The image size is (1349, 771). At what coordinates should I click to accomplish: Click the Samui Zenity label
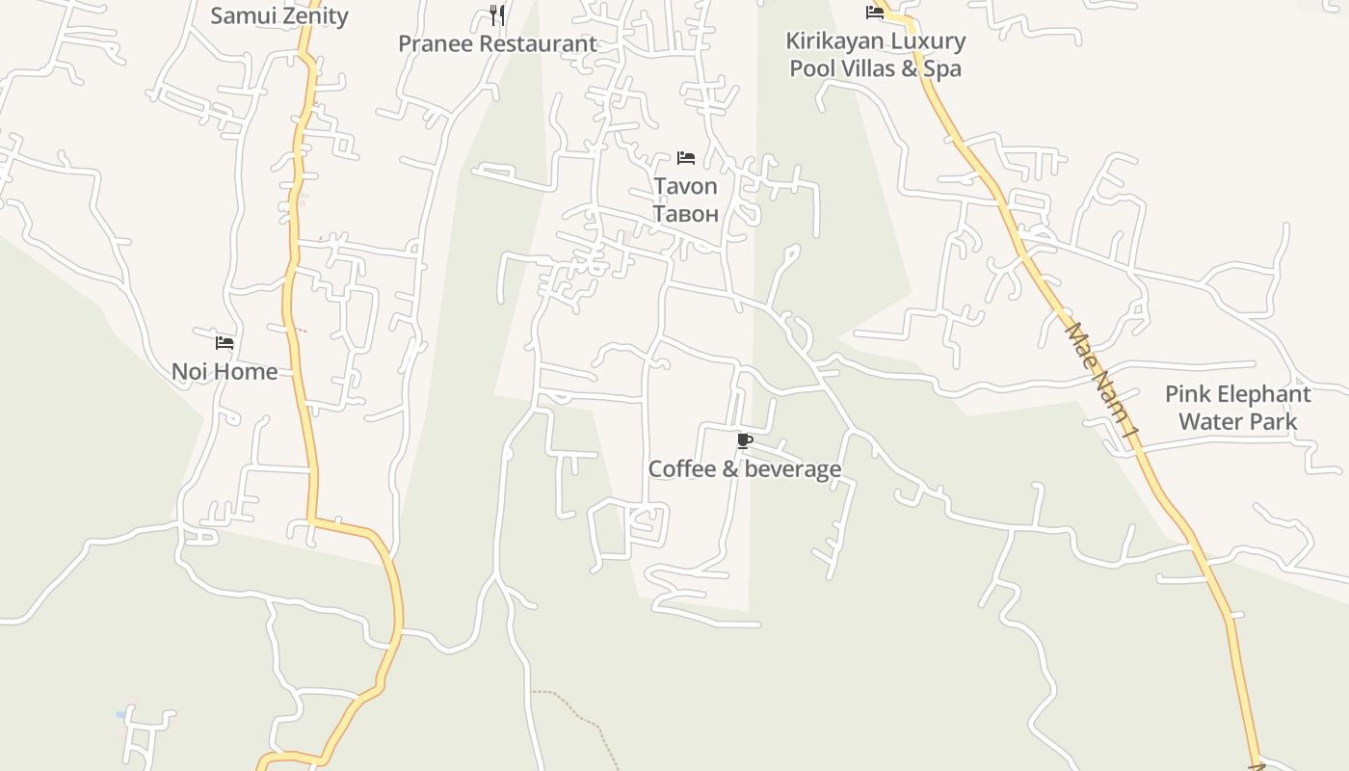pos(278,15)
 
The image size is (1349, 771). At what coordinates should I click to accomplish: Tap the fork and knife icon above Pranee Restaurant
pos(497,14)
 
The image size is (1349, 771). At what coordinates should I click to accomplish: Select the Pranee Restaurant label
pos(497,43)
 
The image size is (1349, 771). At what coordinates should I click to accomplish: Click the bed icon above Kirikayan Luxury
pos(875,13)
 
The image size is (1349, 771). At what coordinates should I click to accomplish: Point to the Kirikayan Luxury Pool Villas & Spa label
pos(875,55)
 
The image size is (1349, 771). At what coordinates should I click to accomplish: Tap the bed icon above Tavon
pos(686,157)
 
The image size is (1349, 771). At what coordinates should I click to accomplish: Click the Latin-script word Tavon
pos(685,186)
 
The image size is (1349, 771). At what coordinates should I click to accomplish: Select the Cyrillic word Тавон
pos(685,213)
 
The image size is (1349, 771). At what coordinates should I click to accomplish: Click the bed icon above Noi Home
pos(225,342)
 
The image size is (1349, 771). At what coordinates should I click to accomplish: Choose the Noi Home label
pos(225,371)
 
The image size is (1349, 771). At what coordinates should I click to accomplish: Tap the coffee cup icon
pos(744,441)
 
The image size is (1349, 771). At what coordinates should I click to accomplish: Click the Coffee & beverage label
pos(744,469)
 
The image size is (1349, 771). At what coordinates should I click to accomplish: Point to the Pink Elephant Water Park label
pos(1237,408)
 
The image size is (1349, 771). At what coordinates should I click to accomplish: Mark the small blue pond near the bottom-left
pos(121,714)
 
